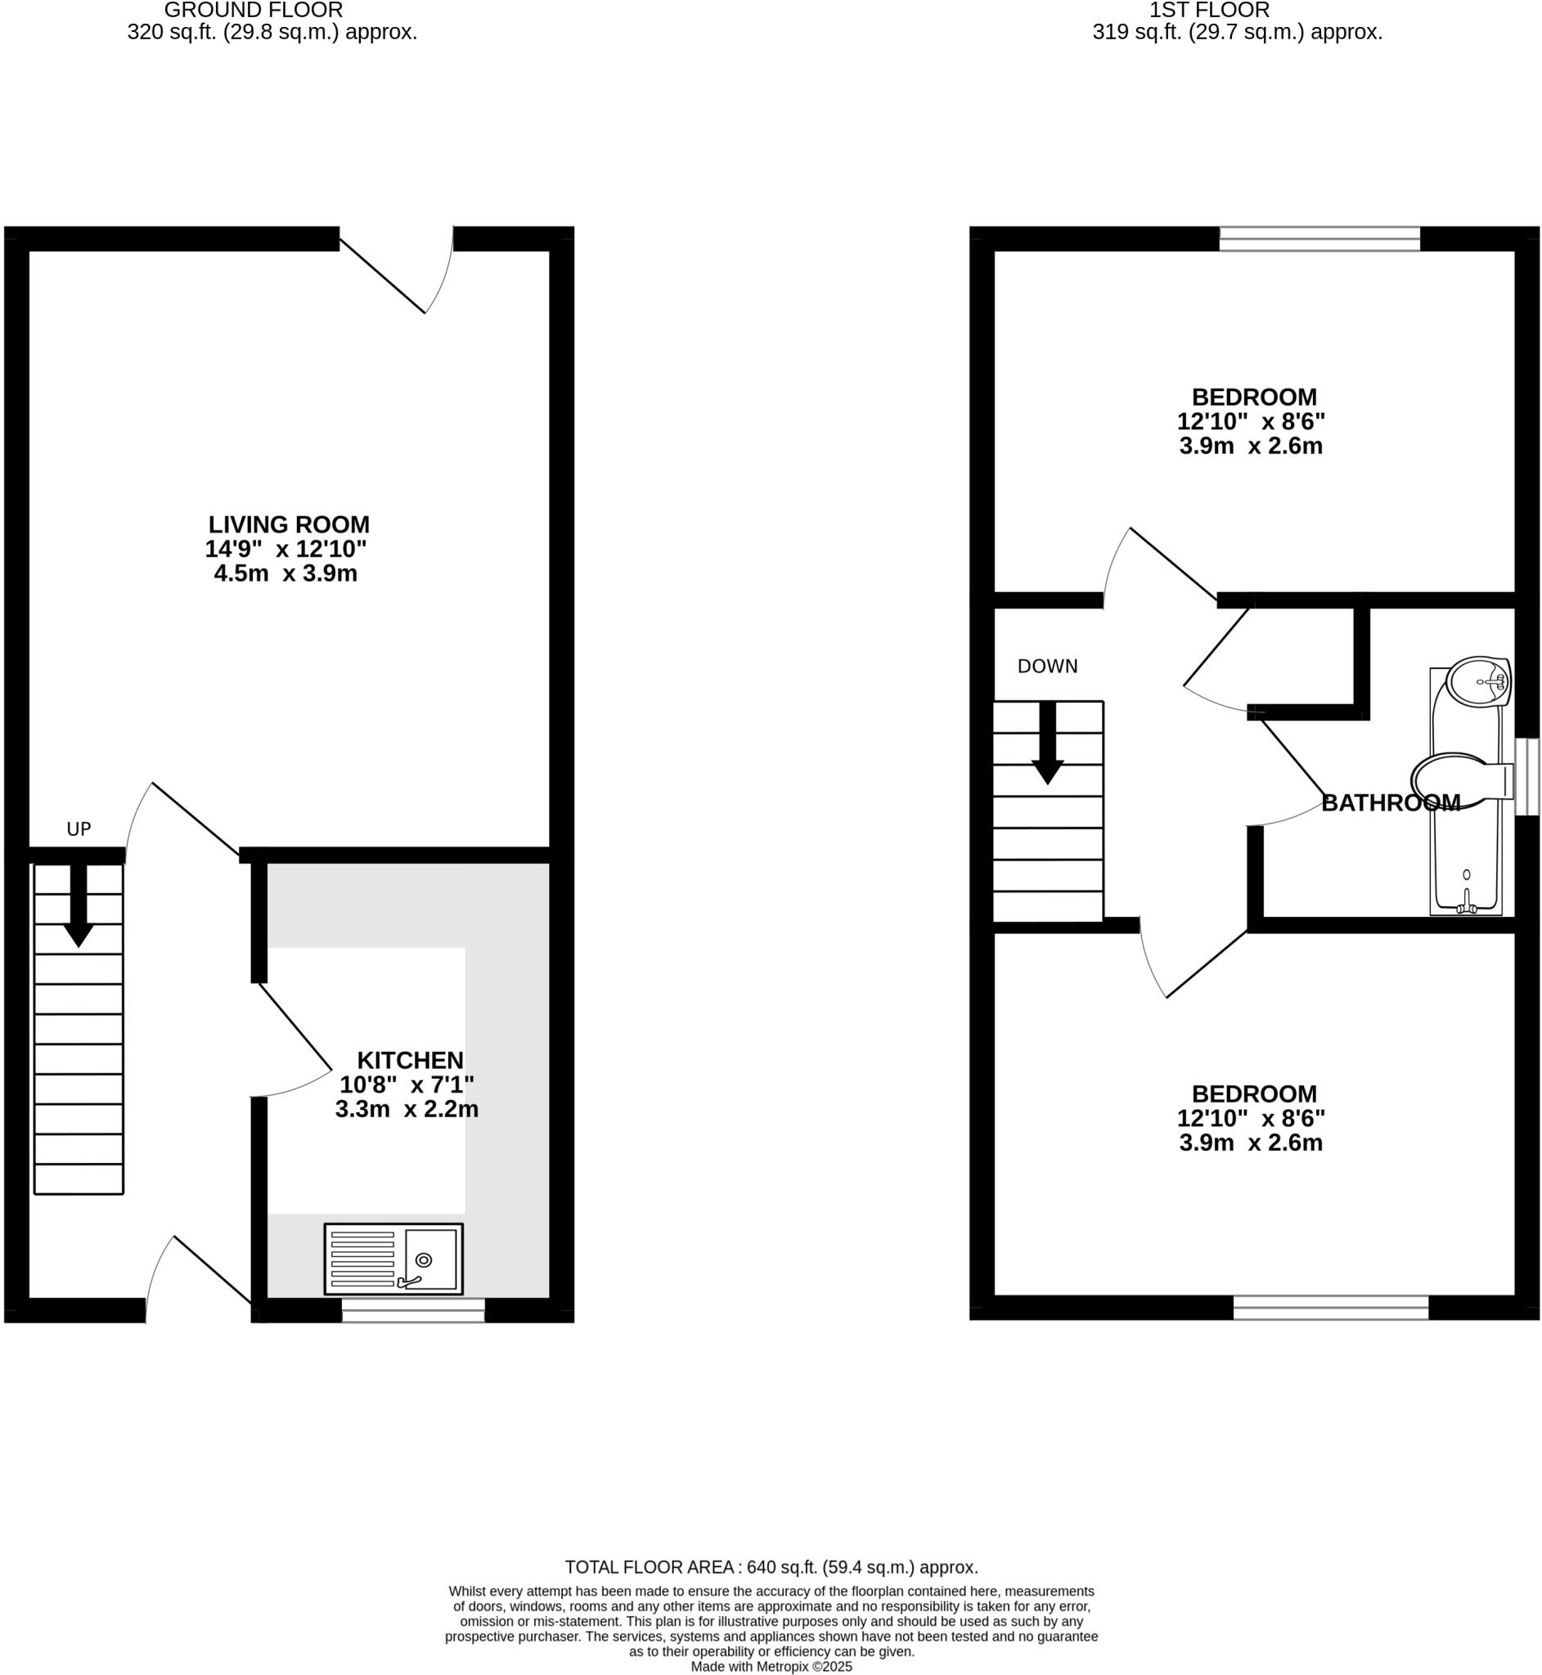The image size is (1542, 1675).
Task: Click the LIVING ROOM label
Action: [x=289, y=525]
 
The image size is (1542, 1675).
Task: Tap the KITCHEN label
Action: [x=410, y=1060]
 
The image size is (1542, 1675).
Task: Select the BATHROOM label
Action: [x=1391, y=802]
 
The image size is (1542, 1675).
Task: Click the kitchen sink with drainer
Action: [x=393, y=1259]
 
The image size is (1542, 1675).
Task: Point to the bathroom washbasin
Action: [x=1478, y=681]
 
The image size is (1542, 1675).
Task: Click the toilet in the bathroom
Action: [x=1460, y=782]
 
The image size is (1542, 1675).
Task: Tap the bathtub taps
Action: [x=1466, y=903]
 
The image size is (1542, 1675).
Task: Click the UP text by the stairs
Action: [x=79, y=829]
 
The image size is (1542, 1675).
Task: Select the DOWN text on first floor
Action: [x=1047, y=667]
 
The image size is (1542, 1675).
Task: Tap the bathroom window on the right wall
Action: [x=1527, y=777]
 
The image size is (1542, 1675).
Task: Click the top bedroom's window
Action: [x=1319, y=240]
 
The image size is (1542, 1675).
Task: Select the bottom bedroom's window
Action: [x=1331, y=1307]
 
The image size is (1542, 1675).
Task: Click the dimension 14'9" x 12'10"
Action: [x=285, y=549]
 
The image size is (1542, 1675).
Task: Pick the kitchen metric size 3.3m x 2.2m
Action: [x=407, y=1109]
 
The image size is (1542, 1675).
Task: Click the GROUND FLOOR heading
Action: [x=253, y=11]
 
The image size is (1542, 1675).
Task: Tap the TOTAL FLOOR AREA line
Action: [x=771, y=1566]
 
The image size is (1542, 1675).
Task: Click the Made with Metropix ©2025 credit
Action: [x=771, y=1667]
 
